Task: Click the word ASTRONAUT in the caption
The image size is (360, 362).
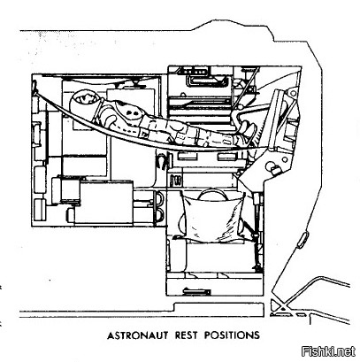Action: click(x=137, y=335)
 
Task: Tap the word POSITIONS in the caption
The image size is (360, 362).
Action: click(x=233, y=335)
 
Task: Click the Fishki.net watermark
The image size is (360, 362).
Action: click(x=329, y=351)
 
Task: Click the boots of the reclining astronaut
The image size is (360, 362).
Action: click(x=246, y=130)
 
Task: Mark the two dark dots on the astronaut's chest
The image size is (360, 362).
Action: click(x=132, y=112)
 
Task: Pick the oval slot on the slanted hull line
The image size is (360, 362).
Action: click(x=303, y=239)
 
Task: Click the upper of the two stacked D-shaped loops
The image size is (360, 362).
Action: click(x=159, y=198)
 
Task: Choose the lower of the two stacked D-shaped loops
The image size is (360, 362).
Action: click(x=159, y=215)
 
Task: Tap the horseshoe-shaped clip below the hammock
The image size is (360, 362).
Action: click(x=162, y=160)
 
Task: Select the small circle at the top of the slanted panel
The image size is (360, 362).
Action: click(x=294, y=93)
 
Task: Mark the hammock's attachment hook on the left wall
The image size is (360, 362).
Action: click(x=35, y=86)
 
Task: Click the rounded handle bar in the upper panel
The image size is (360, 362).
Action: click(x=206, y=81)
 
